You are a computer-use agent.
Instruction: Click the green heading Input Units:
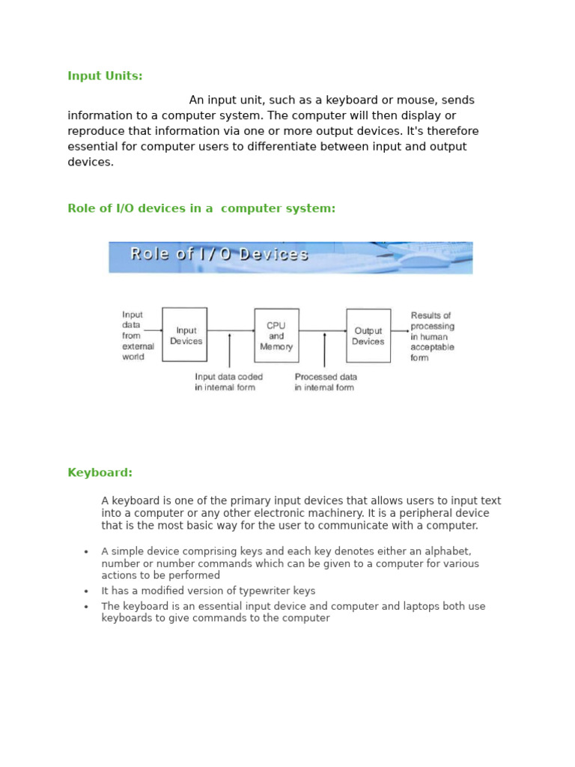coord(105,76)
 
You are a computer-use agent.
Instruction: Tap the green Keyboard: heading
coord(100,473)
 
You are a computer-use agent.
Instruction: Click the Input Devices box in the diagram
coord(185,335)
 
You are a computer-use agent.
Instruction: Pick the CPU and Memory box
coord(276,336)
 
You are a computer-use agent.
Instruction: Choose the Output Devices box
coord(368,336)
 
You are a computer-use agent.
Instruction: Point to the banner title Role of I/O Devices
coord(219,254)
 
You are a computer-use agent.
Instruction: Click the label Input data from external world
coord(137,336)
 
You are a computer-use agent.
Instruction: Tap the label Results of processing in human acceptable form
coord(432,336)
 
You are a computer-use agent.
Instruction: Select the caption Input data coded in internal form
coord(228,382)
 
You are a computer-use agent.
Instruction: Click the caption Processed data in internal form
coord(326,382)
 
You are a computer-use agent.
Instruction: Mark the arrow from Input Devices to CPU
coord(231,330)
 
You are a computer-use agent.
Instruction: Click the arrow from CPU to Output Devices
coord(323,330)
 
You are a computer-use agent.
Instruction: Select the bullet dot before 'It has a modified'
coord(86,592)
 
